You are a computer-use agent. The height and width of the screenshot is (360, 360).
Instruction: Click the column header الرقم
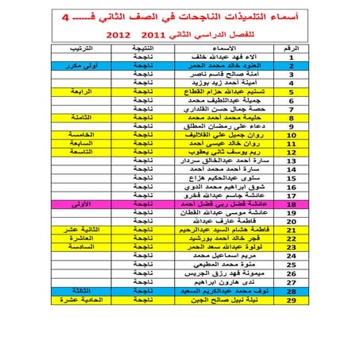click(x=292, y=48)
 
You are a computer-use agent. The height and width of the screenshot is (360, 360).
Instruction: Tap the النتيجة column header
click(x=143, y=48)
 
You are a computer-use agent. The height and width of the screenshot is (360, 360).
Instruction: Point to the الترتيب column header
click(x=87, y=48)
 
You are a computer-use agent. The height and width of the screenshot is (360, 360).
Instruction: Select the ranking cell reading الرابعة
click(x=88, y=91)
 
